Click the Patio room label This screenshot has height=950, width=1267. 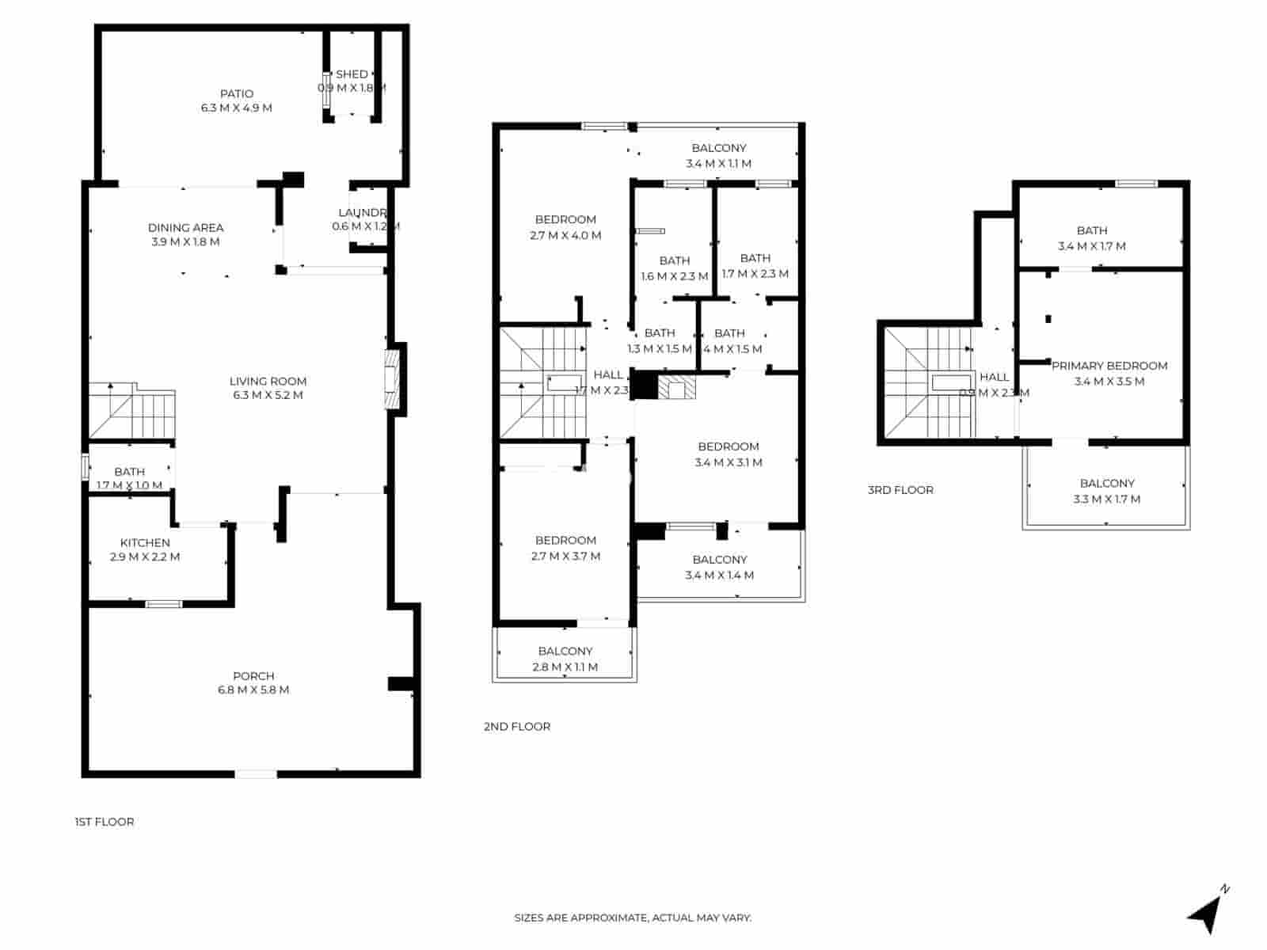click(x=237, y=93)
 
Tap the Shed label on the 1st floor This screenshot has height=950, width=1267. click(x=352, y=74)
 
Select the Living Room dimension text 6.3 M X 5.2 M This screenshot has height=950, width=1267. click(x=268, y=395)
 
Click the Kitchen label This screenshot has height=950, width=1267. click(x=145, y=543)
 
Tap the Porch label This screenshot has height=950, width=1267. click(x=253, y=676)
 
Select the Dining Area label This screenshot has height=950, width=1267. click(x=185, y=228)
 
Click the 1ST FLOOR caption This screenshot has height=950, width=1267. click(x=105, y=822)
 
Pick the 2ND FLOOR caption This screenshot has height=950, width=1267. click(x=517, y=726)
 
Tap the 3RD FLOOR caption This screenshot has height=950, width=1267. click(x=900, y=490)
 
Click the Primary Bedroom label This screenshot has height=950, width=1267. click(x=1109, y=366)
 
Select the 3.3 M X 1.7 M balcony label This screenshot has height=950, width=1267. click(x=1107, y=499)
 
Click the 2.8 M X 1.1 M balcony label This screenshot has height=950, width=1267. click(x=565, y=667)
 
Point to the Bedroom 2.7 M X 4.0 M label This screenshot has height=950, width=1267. click(x=565, y=220)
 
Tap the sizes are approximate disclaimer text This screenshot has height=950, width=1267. click(x=633, y=918)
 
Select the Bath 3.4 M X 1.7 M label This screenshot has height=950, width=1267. click(x=1092, y=230)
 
